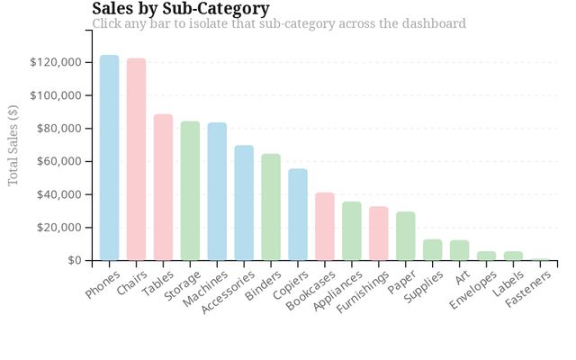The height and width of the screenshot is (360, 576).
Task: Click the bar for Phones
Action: click(109, 157)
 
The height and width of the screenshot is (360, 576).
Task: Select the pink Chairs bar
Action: click(136, 159)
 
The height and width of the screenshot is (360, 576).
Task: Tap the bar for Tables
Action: click(163, 187)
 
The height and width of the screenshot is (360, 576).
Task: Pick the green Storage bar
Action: click(190, 191)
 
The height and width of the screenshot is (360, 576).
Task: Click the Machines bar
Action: click(217, 192)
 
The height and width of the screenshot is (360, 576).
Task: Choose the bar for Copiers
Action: click(298, 214)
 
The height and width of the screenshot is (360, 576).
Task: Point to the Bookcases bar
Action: click(325, 226)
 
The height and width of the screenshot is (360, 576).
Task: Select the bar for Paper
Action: click(406, 236)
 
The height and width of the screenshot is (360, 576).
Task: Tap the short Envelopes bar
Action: click(486, 256)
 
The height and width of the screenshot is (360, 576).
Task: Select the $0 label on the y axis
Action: click(75, 260)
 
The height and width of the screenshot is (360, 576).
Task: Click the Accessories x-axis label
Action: click(228, 292)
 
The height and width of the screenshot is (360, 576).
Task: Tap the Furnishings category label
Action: click(363, 292)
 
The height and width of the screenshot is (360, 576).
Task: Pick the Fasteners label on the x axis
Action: click(528, 289)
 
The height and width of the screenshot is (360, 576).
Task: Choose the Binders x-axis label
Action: click(264, 285)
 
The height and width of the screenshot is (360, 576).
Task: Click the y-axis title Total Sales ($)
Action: click(13, 146)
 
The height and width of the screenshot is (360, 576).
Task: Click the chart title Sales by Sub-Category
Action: click(181, 8)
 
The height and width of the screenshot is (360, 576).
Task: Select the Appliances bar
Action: click(352, 231)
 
